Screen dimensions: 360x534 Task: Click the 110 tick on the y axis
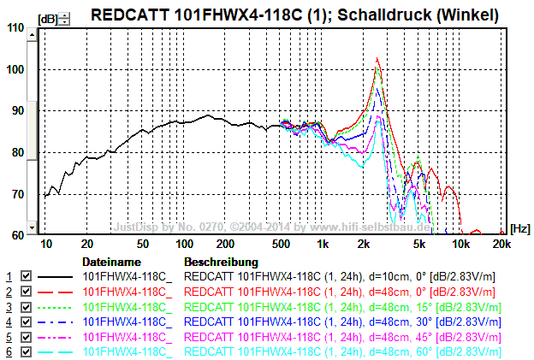15,27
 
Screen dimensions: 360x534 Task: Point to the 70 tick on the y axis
17,194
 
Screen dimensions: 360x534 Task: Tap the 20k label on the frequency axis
501,245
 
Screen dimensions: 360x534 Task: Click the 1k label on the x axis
322,245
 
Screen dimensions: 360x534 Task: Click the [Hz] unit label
519,228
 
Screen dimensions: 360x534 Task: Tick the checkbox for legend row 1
26,277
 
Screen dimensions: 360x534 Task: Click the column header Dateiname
110,261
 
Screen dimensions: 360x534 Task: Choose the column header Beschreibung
221,261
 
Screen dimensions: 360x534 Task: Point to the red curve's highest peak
378,58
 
